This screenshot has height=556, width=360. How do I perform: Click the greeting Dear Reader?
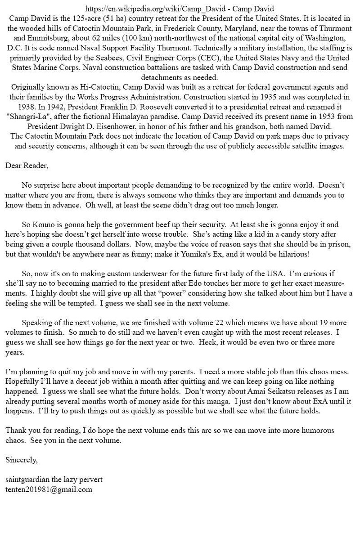click(27, 166)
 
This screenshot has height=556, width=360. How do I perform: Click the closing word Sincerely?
click(22, 460)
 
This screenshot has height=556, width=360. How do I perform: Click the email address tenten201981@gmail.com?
click(49, 489)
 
